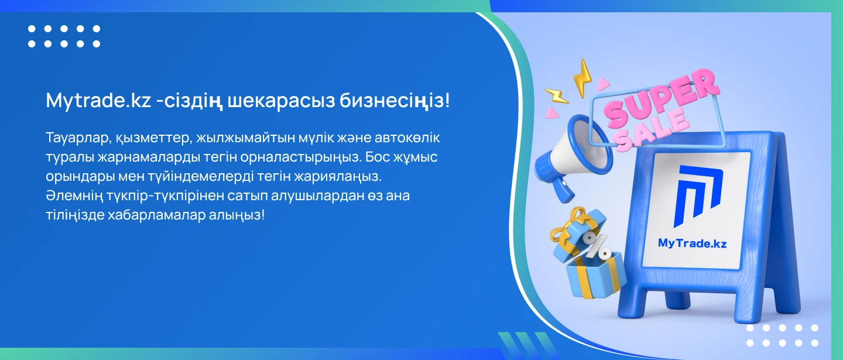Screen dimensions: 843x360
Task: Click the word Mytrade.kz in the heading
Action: coord(98,101)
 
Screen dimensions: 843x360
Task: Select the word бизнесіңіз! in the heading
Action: coord(395,101)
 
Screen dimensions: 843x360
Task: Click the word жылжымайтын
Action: coord(245,138)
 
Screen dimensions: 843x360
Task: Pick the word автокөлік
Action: coord(407,138)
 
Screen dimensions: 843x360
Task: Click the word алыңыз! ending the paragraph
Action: coord(237,215)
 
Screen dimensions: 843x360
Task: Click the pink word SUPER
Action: coord(662,98)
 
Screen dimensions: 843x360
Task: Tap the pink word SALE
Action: coord(653,130)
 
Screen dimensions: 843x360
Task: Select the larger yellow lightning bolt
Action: coord(582,77)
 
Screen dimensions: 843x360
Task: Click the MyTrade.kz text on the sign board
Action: coord(692,244)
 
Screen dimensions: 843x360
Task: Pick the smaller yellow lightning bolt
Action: coord(556,96)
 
